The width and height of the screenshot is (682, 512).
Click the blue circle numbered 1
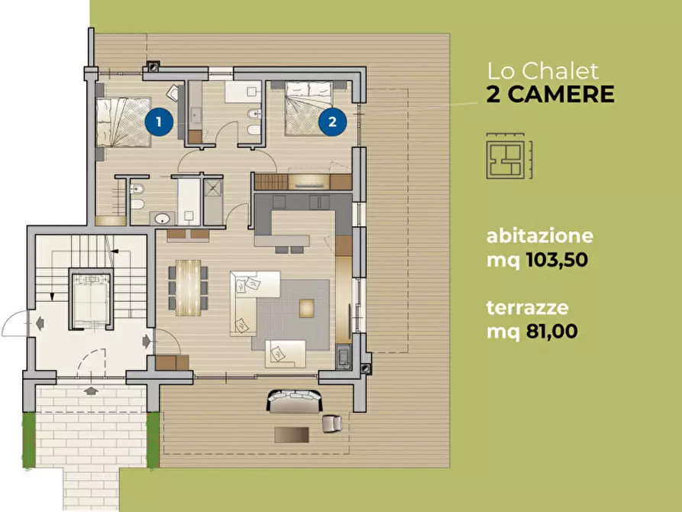[x=159, y=122]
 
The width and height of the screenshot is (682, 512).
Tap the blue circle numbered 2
[x=333, y=122]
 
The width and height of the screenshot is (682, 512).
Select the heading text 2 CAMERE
[x=550, y=95]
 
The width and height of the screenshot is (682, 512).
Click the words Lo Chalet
[x=544, y=72]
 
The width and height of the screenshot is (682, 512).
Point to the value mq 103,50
[x=537, y=261]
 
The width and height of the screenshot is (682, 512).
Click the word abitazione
[x=540, y=236]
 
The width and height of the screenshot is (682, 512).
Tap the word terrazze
[x=525, y=308]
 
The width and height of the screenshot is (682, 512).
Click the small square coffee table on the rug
[x=306, y=307]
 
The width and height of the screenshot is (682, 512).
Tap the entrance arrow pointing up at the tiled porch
[x=91, y=391]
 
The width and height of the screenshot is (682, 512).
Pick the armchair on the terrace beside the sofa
[x=331, y=422]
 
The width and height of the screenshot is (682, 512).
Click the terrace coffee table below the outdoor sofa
[x=292, y=434]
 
